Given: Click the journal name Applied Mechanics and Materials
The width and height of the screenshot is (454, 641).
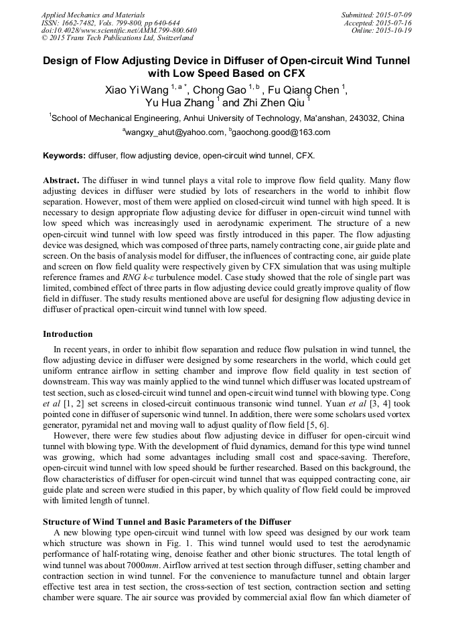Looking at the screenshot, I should tap(84, 14).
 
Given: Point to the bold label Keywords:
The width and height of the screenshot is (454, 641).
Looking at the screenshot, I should tap(64, 155).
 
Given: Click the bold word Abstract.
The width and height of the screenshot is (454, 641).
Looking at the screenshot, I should tap(61, 180).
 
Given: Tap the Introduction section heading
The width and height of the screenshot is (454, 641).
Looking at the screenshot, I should tap(68, 334).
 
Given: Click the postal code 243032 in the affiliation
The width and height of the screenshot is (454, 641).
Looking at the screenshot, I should tap(362, 118).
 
